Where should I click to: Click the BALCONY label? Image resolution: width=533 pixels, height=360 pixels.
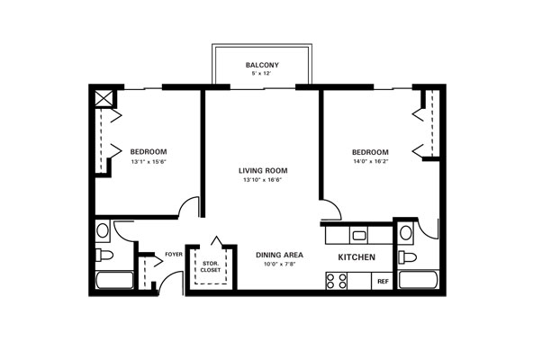pyautogui.click(x=262, y=65)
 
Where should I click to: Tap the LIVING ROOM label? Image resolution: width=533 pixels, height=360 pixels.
pyautogui.click(x=263, y=171)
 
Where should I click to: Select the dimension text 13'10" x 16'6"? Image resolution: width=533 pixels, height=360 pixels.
pyautogui.click(x=263, y=180)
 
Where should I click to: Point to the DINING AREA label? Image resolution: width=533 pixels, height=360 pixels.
pyautogui.click(x=279, y=255)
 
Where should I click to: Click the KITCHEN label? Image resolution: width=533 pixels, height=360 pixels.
pyautogui.click(x=357, y=257)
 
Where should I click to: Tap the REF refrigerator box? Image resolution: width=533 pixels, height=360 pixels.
pyautogui.click(x=383, y=281)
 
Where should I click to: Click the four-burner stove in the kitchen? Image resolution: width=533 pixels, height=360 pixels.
pyautogui.click(x=337, y=281)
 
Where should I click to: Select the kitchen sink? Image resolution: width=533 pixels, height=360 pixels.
pyautogui.click(x=359, y=235)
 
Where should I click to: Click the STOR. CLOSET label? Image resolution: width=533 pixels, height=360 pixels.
pyautogui.click(x=211, y=267)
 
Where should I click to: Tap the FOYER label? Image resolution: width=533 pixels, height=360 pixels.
pyautogui.click(x=174, y=255)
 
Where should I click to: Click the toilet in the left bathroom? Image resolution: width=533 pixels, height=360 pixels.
pyautogui.click(x=104, y=255)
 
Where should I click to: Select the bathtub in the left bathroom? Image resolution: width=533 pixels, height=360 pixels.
pyautogui.click(x=114, y=280)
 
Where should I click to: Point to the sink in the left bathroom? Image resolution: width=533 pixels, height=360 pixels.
pyautogui.click(x=103, y=230)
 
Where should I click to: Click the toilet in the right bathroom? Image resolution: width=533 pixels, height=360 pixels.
pyautogui.click(x=407, y=256)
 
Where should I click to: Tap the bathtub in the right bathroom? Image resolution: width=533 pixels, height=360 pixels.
pyautogui.click(x=419, y=280)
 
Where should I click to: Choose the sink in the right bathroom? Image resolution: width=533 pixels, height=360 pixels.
pyautogui.click(x=406, y=233)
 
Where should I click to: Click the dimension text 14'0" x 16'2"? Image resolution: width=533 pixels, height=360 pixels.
pyautogui.click(x=371, y=161)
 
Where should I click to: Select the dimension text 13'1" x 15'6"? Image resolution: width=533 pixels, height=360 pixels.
pyautogui.click(x=149, y=162)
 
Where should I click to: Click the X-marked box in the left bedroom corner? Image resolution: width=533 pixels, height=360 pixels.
pyautogui.click(x=104, y=98)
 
